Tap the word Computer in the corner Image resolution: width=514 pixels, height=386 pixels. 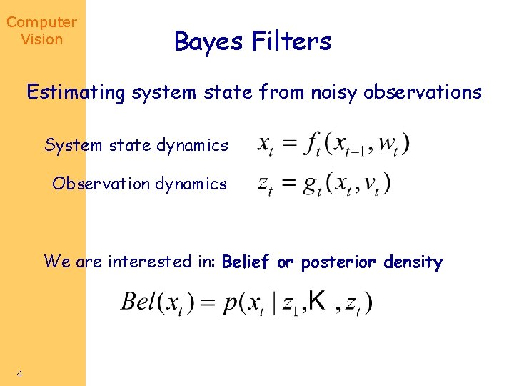(x=41, y=23)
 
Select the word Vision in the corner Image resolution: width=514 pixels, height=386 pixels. (x=41, y=40)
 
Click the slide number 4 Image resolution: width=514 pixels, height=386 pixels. (x=20, y=373)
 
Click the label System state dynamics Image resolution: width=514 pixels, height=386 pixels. (x=136, y=146)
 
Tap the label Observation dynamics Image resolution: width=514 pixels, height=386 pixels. (x=139, y=184)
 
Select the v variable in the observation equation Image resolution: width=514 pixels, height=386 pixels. (x=371, y=184)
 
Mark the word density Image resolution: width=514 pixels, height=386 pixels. (x=413, y=262)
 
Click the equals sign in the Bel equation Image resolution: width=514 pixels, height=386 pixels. (x=208, y=302)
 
